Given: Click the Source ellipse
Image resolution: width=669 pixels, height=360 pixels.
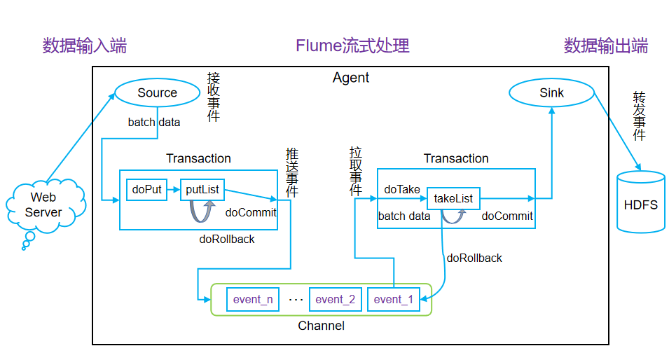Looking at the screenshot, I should coord(157,93).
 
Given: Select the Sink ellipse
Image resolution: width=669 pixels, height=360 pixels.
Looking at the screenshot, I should coord(551,93).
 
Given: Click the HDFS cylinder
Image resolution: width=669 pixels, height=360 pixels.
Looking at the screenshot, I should coord(640,204).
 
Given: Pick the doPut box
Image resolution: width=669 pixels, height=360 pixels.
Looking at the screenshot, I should coord(146,189).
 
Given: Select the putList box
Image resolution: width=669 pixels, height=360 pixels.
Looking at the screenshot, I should coord(202,189).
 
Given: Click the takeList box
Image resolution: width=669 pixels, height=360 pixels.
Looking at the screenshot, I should coord(453,198).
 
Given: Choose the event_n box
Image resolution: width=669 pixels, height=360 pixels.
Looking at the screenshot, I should coord(253,300).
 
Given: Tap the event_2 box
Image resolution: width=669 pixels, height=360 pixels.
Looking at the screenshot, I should coord(335,300).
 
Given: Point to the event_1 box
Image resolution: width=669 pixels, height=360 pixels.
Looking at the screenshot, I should coord(393,300).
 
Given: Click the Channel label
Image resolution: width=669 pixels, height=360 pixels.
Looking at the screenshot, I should coord(321,326).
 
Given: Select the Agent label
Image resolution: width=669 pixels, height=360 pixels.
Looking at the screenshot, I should coord(350,78).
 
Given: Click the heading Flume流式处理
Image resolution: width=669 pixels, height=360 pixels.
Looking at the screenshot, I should coord(352,47).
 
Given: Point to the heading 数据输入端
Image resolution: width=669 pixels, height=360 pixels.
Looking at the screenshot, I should coord(85,47).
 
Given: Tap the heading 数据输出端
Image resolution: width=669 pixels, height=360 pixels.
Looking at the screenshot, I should coord(606,47).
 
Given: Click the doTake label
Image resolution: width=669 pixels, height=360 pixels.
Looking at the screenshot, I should coord(402,189).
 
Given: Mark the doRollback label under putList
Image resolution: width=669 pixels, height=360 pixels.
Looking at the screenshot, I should coord(227,240).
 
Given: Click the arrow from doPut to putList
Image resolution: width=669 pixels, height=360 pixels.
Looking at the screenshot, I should coord(174,189).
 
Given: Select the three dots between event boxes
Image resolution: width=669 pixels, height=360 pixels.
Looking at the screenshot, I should coord(296,300).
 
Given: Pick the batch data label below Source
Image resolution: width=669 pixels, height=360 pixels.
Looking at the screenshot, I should coord(154,123).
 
